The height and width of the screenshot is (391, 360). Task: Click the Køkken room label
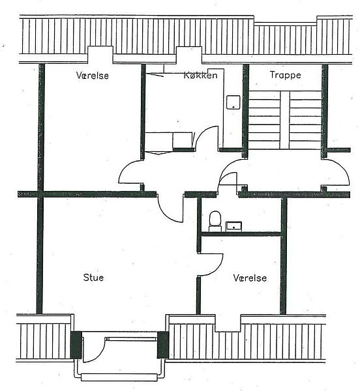coord(201,76)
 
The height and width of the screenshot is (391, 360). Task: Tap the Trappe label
coord(286,75)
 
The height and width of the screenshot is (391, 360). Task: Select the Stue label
coord(93,278)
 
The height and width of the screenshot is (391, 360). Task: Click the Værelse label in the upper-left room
coord(93,76)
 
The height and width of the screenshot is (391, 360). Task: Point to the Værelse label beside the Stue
coord(250,278)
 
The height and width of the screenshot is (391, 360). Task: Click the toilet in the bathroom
coord(215,221)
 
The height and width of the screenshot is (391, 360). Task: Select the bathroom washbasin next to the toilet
coord(233,226)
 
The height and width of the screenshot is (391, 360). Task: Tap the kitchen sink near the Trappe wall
coord(233,102)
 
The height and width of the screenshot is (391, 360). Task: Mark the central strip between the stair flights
coord(284,120)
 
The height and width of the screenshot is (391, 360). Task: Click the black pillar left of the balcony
coord(76,345)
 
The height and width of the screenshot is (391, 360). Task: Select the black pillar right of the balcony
coord(162,345)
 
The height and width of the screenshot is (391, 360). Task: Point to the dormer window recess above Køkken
coord(189,55)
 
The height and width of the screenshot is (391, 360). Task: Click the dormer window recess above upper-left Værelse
coord(100,55)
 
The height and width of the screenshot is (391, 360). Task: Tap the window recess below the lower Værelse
coord(228,323)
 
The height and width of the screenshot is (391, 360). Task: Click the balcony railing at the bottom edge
coord(119,377)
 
